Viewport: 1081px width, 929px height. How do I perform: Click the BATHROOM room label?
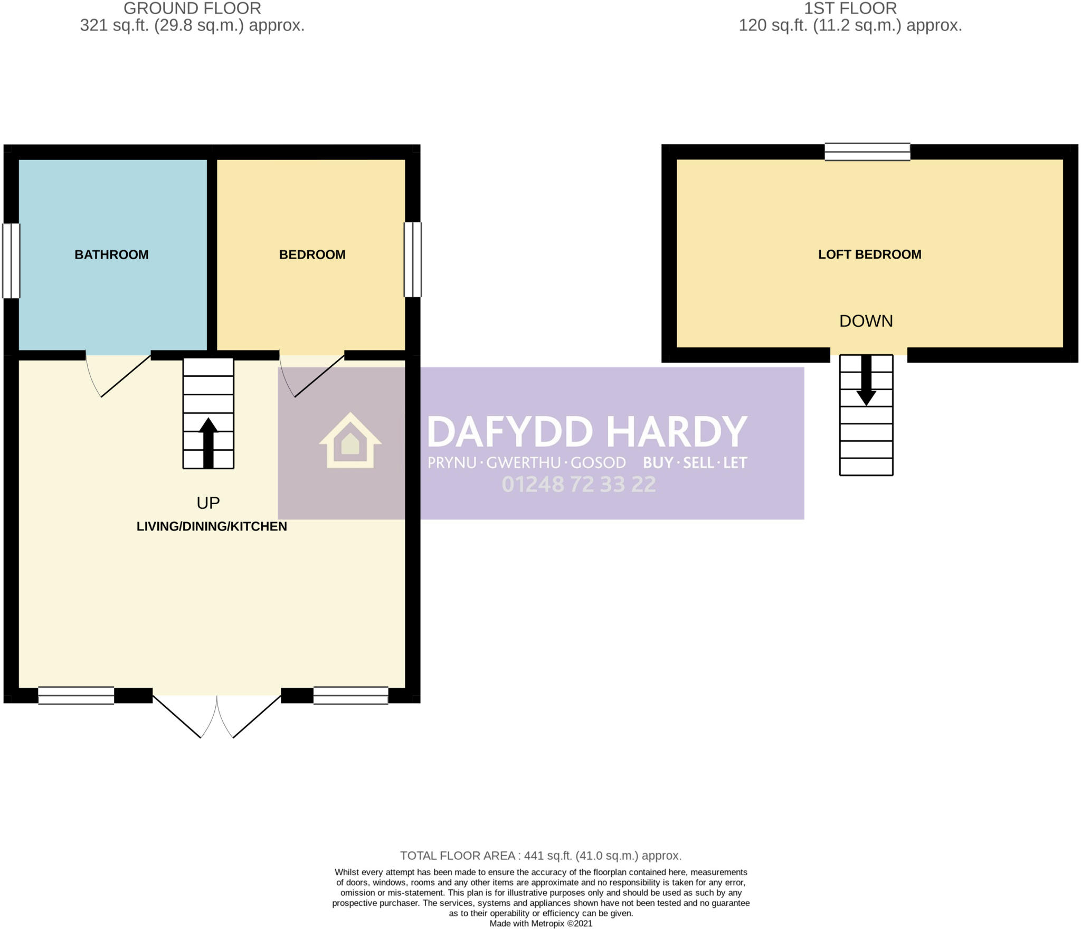(111, 254)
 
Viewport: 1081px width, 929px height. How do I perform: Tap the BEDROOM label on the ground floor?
(312, 254)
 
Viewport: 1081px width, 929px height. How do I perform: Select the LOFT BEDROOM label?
(869, 254)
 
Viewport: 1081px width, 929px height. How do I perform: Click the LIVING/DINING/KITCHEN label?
(212, 526)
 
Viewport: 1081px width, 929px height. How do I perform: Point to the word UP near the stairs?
(208, 503)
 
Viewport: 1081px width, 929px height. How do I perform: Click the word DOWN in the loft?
(866, 321)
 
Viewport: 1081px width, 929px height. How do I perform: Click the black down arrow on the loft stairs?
(866, 381)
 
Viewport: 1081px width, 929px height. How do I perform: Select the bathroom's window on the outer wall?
(11, 261)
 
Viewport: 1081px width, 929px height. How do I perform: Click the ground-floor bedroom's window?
(413, 259)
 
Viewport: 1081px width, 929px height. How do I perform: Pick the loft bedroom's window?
(867, 151)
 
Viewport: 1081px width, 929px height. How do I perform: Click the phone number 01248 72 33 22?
(579, 485)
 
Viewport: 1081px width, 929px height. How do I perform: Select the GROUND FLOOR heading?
(192, 8)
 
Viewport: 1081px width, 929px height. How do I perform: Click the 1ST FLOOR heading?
(850, 8)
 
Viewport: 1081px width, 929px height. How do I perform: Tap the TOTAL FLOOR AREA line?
(540, 856)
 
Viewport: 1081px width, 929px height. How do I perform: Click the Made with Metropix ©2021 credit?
(540, 924)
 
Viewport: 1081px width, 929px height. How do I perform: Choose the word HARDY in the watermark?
(677, 431)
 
